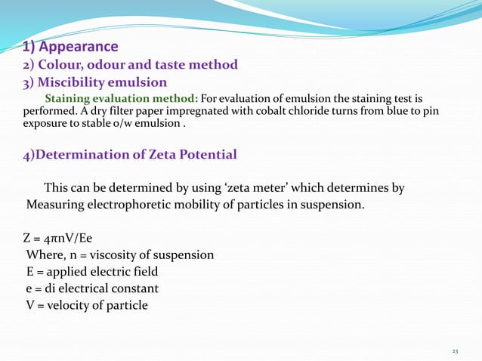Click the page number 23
point(455,352)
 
